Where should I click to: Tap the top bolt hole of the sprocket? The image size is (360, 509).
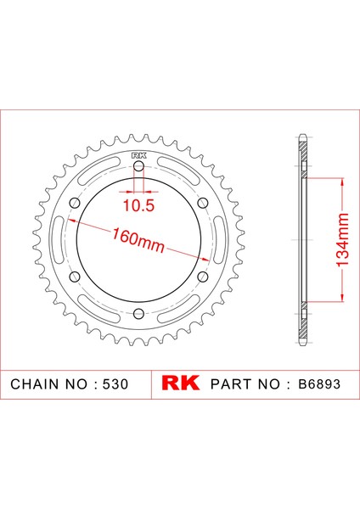pyautogui.click(x=139, y=168)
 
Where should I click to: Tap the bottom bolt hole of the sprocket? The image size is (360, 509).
pyautogui.click(x=139, y=315)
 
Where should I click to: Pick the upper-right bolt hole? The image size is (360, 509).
pyautogui.click(x=203, y=204)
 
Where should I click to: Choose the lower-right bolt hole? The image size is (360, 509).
pyautogui.click(x=203, y=277)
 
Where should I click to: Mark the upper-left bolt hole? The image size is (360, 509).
pyautogui.click(x=76, y=204)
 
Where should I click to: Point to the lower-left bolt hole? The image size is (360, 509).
pyautogui.click(x=76, y=277)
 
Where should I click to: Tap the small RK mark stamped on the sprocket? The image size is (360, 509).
pyautogui.click(x=139, y=154)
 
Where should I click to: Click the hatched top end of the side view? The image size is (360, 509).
pyautogui.click(x=302, y=146)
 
